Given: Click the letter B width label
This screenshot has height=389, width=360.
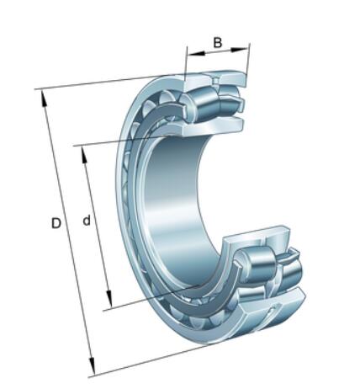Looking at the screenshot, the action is [x=218, y=43].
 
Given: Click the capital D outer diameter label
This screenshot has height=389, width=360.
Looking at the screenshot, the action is [x=56, y=223].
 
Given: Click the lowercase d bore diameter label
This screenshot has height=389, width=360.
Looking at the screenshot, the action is [x=87, y=221].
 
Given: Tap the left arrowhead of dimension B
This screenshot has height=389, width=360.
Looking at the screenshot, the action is [x=196, y=53].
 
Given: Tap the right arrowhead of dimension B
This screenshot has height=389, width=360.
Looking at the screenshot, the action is [x=240, y=50].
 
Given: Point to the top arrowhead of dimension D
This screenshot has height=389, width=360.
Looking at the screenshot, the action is [x=44, y=99].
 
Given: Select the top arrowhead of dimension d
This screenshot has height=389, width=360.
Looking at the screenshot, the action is [x=84, y=155].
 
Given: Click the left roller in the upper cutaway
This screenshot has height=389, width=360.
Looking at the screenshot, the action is [x=199, y=104].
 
